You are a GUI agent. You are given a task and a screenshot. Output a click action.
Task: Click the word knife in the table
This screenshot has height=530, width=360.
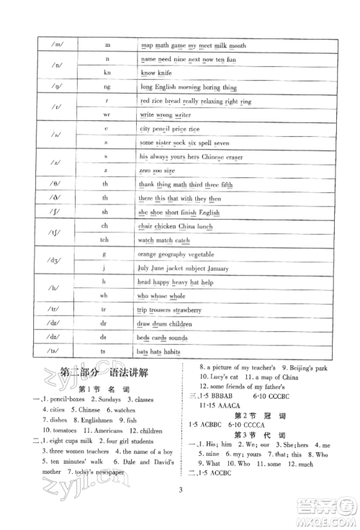click(167, 73)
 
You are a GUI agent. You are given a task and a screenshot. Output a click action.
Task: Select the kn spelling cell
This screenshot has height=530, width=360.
click(106, 73)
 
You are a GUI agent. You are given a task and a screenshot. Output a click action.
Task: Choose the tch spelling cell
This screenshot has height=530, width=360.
click(106, 240)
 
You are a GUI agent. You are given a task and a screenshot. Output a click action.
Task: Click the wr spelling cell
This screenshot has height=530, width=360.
click(106, 114)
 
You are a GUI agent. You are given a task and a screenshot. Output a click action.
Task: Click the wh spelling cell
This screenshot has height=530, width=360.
click(106, 295)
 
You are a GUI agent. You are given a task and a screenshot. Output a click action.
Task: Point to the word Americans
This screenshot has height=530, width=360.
click(102, 431)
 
